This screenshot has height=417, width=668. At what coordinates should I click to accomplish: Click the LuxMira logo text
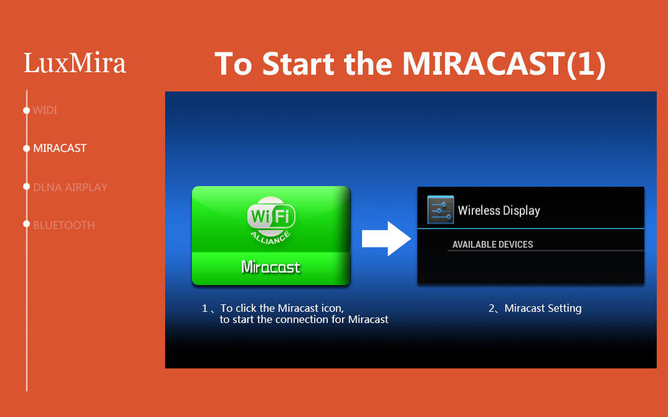pyautogui.click(x=75, y=63)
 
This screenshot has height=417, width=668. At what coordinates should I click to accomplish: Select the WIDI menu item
pyautogui.click(x=45, y=110)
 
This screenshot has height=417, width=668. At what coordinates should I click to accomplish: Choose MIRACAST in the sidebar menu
pyautogui.click(x=59, y=148)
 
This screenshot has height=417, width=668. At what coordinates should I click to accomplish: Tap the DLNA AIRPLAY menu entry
pyautogui.click(x=70, y=187)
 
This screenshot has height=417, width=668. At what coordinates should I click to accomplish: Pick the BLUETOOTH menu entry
pyautogui.click(x=64, y=225)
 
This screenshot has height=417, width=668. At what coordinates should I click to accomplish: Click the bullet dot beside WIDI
pyautogui.click(x=27, y=110)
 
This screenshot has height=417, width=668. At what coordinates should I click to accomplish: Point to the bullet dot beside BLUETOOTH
pyautogui.click(x=27, y=224)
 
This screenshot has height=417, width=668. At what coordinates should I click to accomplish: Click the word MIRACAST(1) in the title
pyautogui.click(x=504, y=64)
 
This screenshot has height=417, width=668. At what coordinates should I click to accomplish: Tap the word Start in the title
pyautogui.click(x=298, y=64)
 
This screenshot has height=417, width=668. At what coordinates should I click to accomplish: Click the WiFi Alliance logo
pyautogui.click(x=271, y=220)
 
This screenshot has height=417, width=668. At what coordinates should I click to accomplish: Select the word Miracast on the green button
pyautogui.click(x=271, y=267)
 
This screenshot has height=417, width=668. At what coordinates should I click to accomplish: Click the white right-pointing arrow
pyautogui.click(x=386, y=238)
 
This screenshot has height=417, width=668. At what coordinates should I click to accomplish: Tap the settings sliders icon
pyautogui.click(x=440, y=210)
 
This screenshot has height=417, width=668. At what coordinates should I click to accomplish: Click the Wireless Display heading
pyautogui.click(x=499, y=210)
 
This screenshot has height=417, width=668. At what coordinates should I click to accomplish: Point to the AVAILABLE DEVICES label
pyautogui.click(x=492, y=244)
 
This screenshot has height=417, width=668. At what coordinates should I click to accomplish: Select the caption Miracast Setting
pyautogui.click(x=542, y=308)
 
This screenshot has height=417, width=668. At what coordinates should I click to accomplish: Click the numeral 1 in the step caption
pyautogui.click(x=204, y=308)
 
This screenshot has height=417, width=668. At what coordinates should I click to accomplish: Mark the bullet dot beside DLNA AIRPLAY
pyautogui.click(x=27, y=186)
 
